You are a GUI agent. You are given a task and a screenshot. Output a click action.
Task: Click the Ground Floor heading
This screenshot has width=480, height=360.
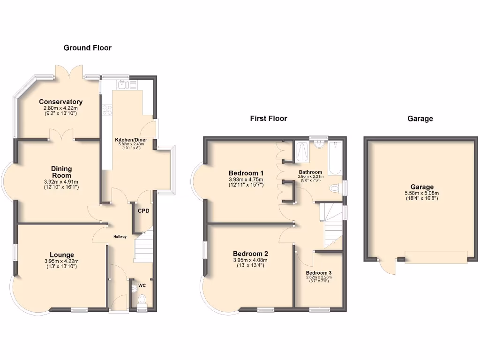pos(88,47)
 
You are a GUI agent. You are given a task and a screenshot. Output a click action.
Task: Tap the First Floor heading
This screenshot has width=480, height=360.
pos(268,118)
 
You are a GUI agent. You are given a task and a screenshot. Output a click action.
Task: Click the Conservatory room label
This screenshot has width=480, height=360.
pos(61,102)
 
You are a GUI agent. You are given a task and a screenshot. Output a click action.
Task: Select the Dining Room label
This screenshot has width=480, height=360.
pos(61,172)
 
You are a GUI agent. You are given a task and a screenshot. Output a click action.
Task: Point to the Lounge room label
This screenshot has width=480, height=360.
pos(62,255)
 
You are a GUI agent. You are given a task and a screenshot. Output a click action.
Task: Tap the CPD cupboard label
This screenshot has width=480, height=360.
pos(143,211)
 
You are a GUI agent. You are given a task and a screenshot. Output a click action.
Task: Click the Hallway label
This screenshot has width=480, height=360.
pos(120,236)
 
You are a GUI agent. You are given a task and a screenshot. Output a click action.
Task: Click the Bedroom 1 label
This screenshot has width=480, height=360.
pos(246,172)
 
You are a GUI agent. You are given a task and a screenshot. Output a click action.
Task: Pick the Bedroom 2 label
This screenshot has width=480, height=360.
pos(250,254)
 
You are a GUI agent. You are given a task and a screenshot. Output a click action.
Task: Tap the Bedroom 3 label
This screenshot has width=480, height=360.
pos(319,273)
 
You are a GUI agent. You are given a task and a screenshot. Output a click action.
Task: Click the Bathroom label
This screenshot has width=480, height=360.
pos(310,172)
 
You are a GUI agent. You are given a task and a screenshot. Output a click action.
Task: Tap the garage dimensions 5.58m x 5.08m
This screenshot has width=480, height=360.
pos(420,193)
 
